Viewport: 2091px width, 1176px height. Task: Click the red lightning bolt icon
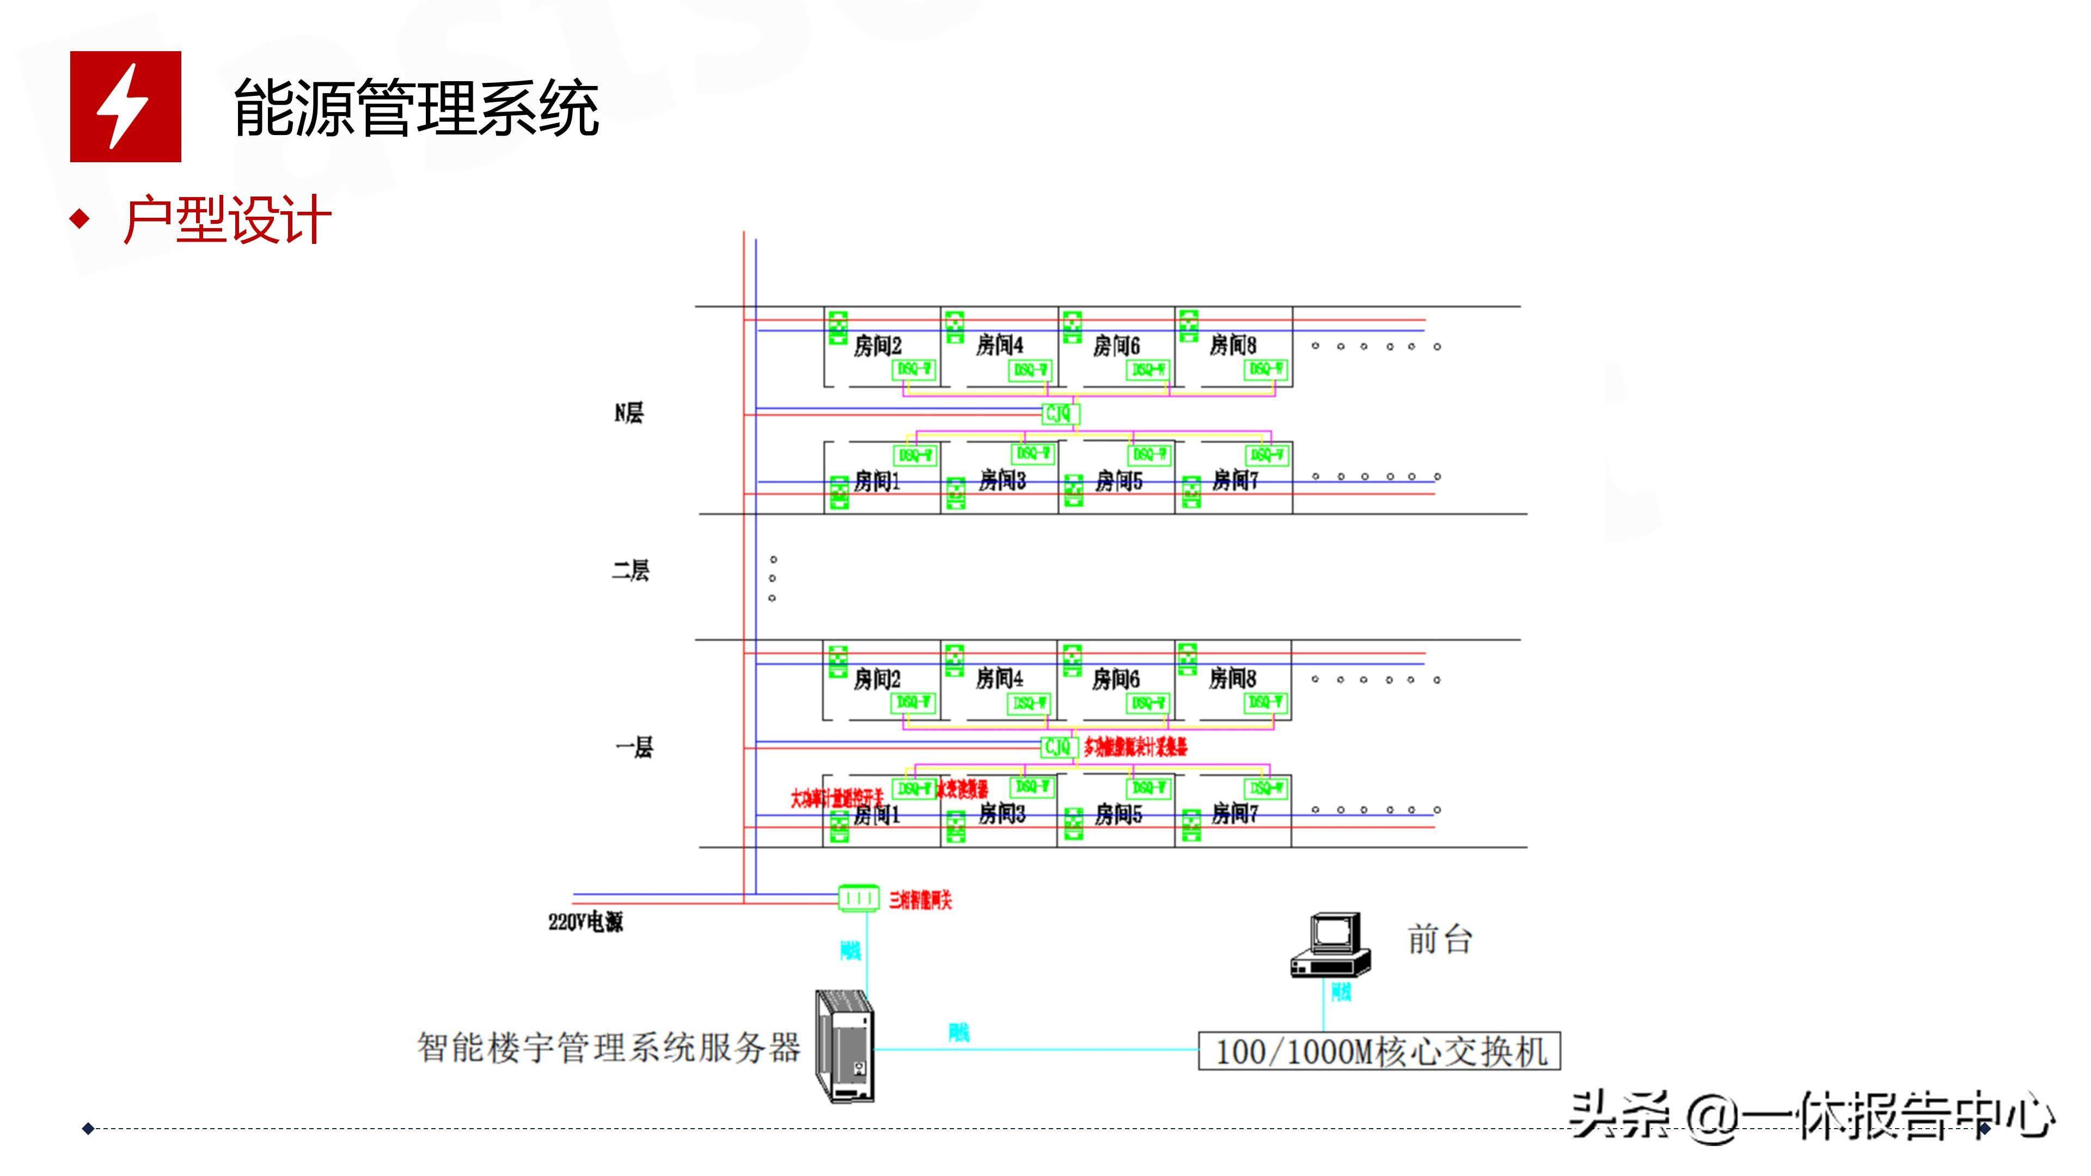click(x=125, y=106)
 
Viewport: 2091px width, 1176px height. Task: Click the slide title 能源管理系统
click(x=415, y=108)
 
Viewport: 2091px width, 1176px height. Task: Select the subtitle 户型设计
click(x=227, y=220)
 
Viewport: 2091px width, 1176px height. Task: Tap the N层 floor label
click(x=628, y=413)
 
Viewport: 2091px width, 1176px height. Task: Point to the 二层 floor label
click(x=630, y=571)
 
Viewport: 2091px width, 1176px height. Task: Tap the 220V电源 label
click(x=585, y=922)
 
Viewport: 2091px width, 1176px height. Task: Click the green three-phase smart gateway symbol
click(x=858, y=898)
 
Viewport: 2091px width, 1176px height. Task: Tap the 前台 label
click(x=1440, y=940)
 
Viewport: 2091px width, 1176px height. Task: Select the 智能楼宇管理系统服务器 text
click(x=609, y=1047)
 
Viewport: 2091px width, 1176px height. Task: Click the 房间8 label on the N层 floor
click(x=1232, y=346)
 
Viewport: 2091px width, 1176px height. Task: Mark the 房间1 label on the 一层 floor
click(x=877, y=814)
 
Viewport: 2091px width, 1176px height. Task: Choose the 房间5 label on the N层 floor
click(x=1118, y=481)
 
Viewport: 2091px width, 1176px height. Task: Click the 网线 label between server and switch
click(x=958, y=1032)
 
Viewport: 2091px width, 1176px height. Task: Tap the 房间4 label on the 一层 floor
click(x=999, y=678)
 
